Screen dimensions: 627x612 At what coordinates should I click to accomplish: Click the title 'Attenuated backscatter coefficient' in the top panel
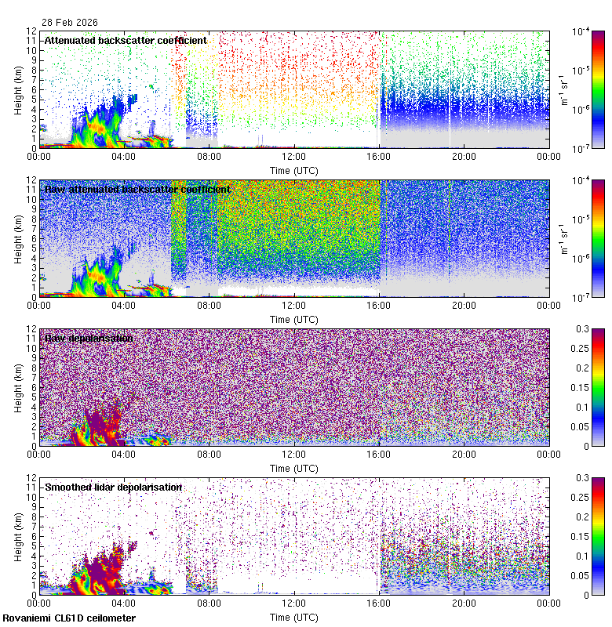pyautogui.click(x=126, y=40)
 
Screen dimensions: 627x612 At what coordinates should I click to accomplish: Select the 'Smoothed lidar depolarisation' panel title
pyautogui.click(x=113, y=487)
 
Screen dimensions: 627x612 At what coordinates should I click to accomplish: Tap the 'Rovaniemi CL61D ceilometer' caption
pyautogui.click(x=68, y=619)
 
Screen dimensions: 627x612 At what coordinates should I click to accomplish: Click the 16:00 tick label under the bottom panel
pyautogui.click(x=378, y=604)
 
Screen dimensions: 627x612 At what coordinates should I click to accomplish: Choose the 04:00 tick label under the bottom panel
pyautogui.click(x=124, y=604)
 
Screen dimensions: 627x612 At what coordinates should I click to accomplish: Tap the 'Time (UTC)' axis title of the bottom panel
pyautogui.click(x=293, y=617)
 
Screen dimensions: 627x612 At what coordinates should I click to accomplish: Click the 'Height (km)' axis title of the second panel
pyautogui.click(x=18, y=237)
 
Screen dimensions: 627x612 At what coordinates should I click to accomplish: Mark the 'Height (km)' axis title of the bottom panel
pyautogui.click(x=18, y=535)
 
